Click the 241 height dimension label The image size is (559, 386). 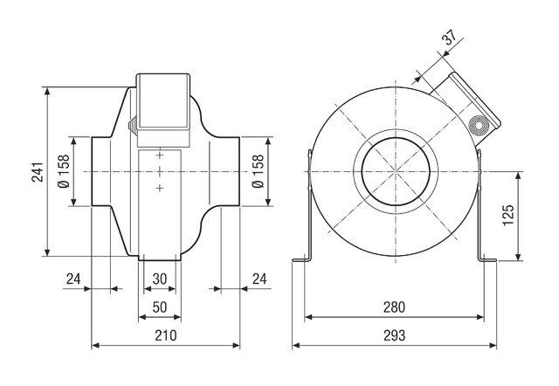tap(38, 172)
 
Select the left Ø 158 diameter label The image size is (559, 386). tap(64, 171)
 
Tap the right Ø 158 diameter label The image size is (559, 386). tap(258, 171)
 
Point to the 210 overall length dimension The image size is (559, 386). tap(166, 335)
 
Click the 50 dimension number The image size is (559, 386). tap(160, 307)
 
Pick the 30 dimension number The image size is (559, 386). tap(160, 279)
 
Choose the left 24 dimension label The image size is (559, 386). tap(73, 279)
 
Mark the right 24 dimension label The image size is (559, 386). tap(259, 279)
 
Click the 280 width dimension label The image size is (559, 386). tap(394, 307)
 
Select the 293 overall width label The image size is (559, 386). tap(394, 335)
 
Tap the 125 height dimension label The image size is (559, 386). tap(508, 215)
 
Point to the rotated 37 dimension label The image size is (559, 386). tap(451, 37)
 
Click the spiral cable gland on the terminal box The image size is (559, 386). tap(479, 126)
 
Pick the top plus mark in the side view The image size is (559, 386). tap(160, 155)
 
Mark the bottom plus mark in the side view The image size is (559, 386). tap(160, 188)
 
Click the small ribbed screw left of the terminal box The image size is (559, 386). tap(132, 126)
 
